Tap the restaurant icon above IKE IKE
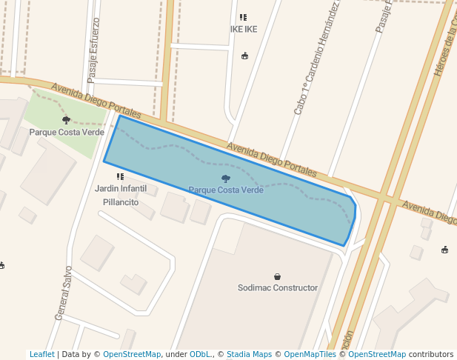point(243,17)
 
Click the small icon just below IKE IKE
point(245,55)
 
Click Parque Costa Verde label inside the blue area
point(226,190)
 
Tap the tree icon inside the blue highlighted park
point(226,179)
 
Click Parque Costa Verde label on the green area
point(67,132)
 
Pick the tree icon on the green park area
point(67,119)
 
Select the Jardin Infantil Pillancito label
point(121,195)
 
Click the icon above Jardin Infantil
point(120,176)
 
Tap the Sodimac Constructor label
point(278,287)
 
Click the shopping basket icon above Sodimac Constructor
point(278,276)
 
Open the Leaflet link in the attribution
point(41,355)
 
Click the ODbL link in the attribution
point(200,355)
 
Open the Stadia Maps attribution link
point(251,355)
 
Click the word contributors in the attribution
point(431,355)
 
